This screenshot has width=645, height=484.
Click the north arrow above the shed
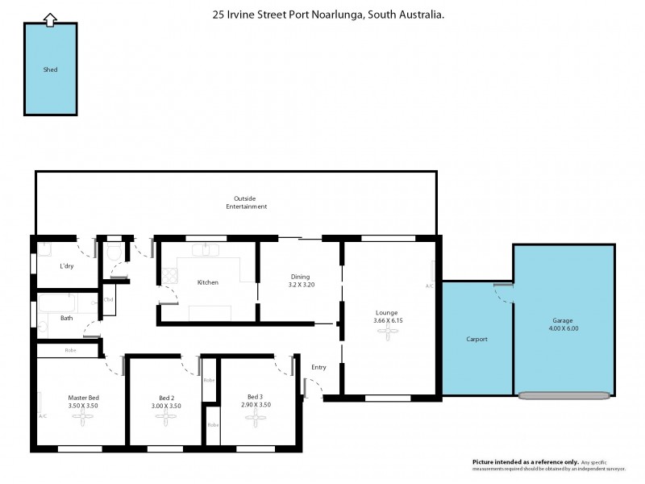[x=50, y=19]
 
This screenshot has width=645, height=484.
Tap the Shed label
[x=50, y=69]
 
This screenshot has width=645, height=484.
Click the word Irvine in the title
[x=242, y=14]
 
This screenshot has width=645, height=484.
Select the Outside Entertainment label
[x=246, y=202]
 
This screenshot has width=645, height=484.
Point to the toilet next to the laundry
[x=114, y=254]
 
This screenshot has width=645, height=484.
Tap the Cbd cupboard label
[x=108, y=300]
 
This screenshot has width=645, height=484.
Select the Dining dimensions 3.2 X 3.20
[x=301, y=285]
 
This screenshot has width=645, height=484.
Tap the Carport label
[x=476, y=339]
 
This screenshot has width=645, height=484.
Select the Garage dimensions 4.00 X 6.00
[x=564, y=328]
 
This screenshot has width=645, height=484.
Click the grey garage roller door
[x=564, y=396]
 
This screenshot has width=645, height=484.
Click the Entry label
[x=318, y=368]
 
